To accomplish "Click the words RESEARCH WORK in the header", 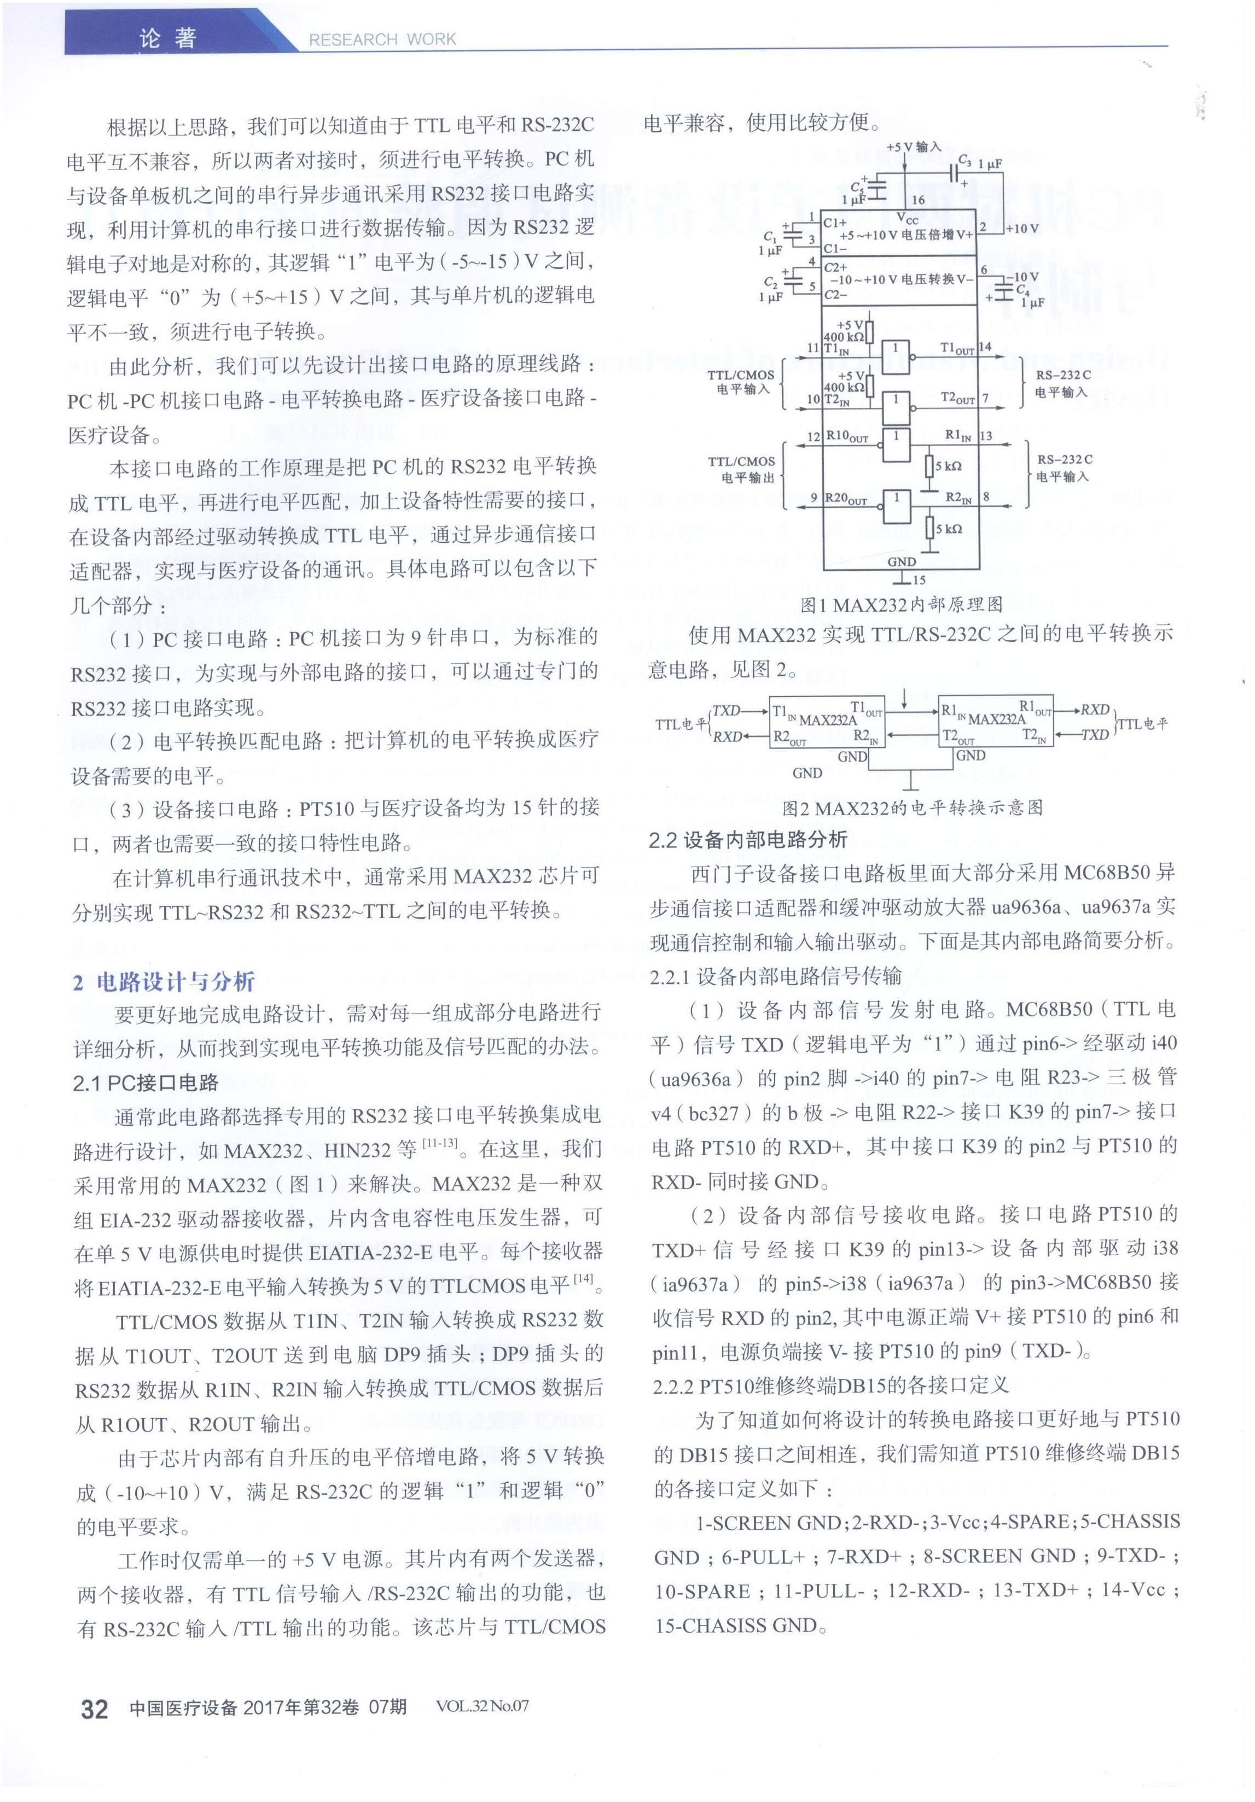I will [382, 39].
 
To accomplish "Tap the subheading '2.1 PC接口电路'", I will [146, 1083].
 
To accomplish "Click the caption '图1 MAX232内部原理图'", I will [901, 604].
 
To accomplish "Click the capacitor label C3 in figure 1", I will [965, 160].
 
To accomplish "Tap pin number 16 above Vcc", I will [917, 200].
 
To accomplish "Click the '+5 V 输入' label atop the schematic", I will [914, 147].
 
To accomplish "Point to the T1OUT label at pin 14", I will [957, 348].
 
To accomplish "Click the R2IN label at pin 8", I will [958, 497].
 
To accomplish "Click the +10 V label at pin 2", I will [1022, 229].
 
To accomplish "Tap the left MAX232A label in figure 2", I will [827, 719].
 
